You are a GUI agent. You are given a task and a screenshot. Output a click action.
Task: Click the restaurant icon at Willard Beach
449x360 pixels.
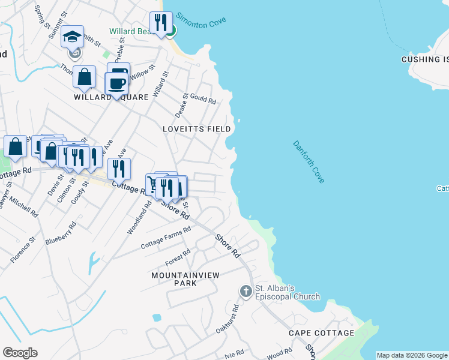pos(160,23)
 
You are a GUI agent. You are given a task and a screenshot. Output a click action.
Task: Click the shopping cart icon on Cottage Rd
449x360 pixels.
pos(152,184)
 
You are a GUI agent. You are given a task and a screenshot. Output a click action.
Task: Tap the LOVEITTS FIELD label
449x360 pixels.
pos(197,129)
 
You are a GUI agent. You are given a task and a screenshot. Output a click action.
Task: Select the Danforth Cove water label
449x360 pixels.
pos(309,161)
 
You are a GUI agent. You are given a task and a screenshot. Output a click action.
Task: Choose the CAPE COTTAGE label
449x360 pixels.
pos(321,333)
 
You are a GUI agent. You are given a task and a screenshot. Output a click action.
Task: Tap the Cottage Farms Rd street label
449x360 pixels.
pos(166,238)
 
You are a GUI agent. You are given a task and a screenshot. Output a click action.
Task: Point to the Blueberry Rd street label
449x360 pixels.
pos(61,233)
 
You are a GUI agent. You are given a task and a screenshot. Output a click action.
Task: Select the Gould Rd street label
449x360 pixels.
pos(203,98)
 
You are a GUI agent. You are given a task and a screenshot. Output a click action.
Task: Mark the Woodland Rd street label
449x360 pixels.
pos(139,217)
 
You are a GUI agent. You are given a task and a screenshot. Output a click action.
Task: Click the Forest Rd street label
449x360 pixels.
pos(177,258)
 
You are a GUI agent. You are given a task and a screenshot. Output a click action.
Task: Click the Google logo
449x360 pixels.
pos(20,353)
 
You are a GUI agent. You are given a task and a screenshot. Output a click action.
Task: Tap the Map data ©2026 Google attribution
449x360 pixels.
pos(412,355)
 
